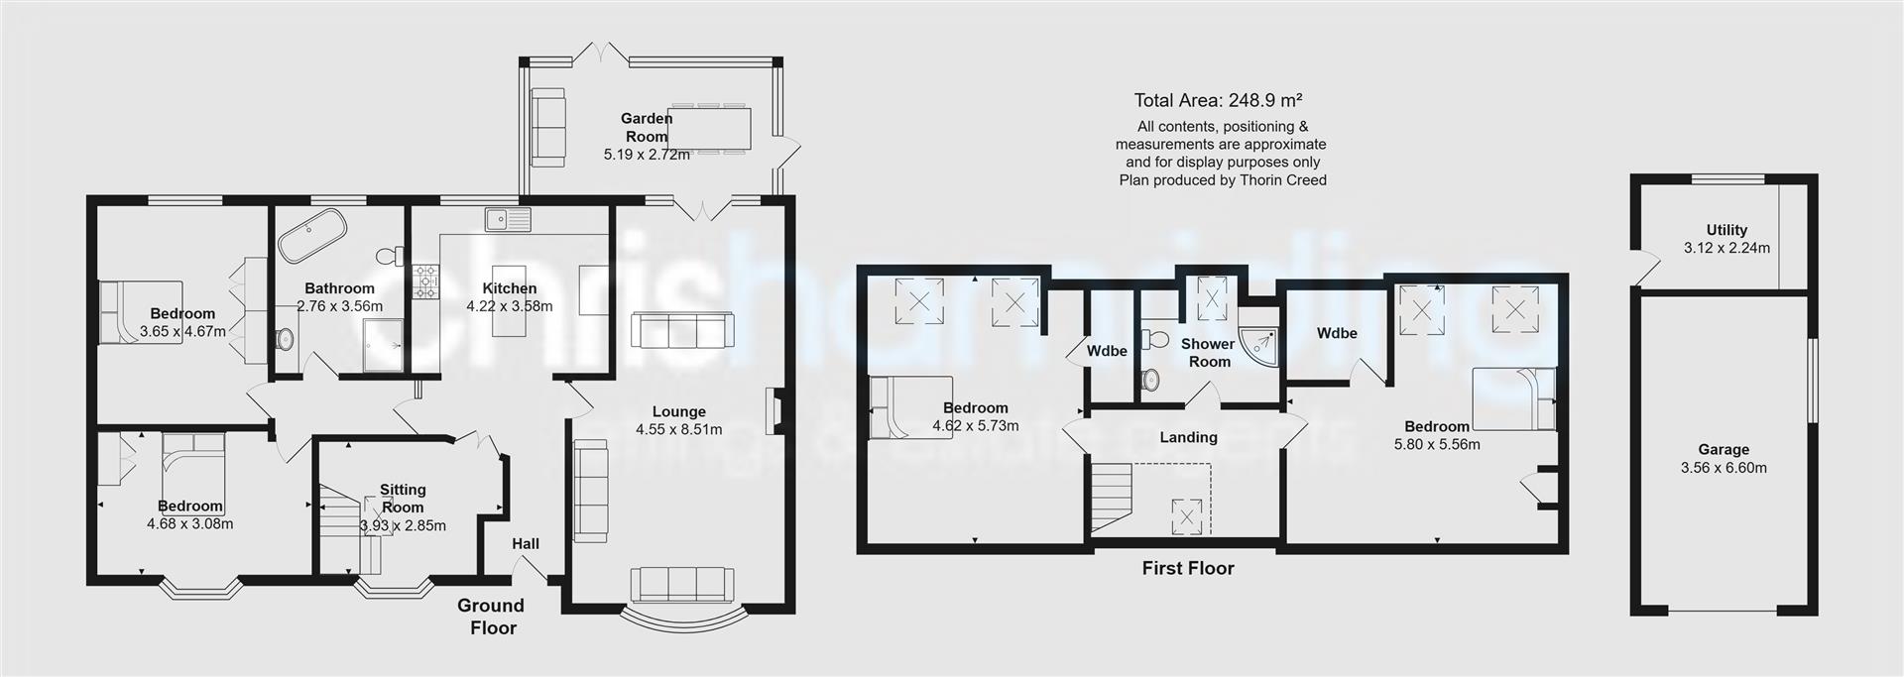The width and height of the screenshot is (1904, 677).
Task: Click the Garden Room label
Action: (x=647, y=128)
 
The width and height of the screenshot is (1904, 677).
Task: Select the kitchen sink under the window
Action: (x=508, y=219)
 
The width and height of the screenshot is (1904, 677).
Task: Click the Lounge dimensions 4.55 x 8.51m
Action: (x=679, y=429)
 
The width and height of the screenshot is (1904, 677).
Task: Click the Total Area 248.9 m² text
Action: (x=1218, y=100)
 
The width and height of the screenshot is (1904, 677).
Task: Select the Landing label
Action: (x=1188, y=437)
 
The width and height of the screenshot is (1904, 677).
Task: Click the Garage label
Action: (x=1723, y=449)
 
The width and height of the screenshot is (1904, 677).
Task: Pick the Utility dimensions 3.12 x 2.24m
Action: (x=1726, y=248)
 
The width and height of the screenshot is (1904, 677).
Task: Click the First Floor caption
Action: (x=1188, y=568)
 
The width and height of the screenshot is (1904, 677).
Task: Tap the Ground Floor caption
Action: (x=492, y=616)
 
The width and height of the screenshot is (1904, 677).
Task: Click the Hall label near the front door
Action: (x=526, y=543)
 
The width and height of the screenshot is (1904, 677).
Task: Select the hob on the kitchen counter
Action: (x=426, y=282)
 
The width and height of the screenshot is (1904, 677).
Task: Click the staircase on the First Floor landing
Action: (x=1112, y=496)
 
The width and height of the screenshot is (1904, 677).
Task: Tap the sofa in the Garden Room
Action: (x=547, y=127)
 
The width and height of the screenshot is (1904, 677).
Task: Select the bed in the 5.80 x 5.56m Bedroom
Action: (x=1512, y=397)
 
